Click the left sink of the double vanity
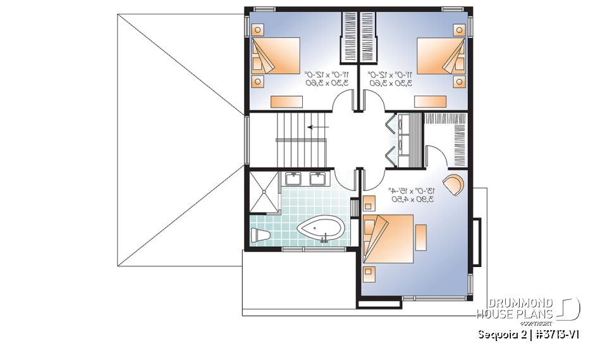[x=294, y=178]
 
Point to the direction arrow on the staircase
[x=317, y=127]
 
